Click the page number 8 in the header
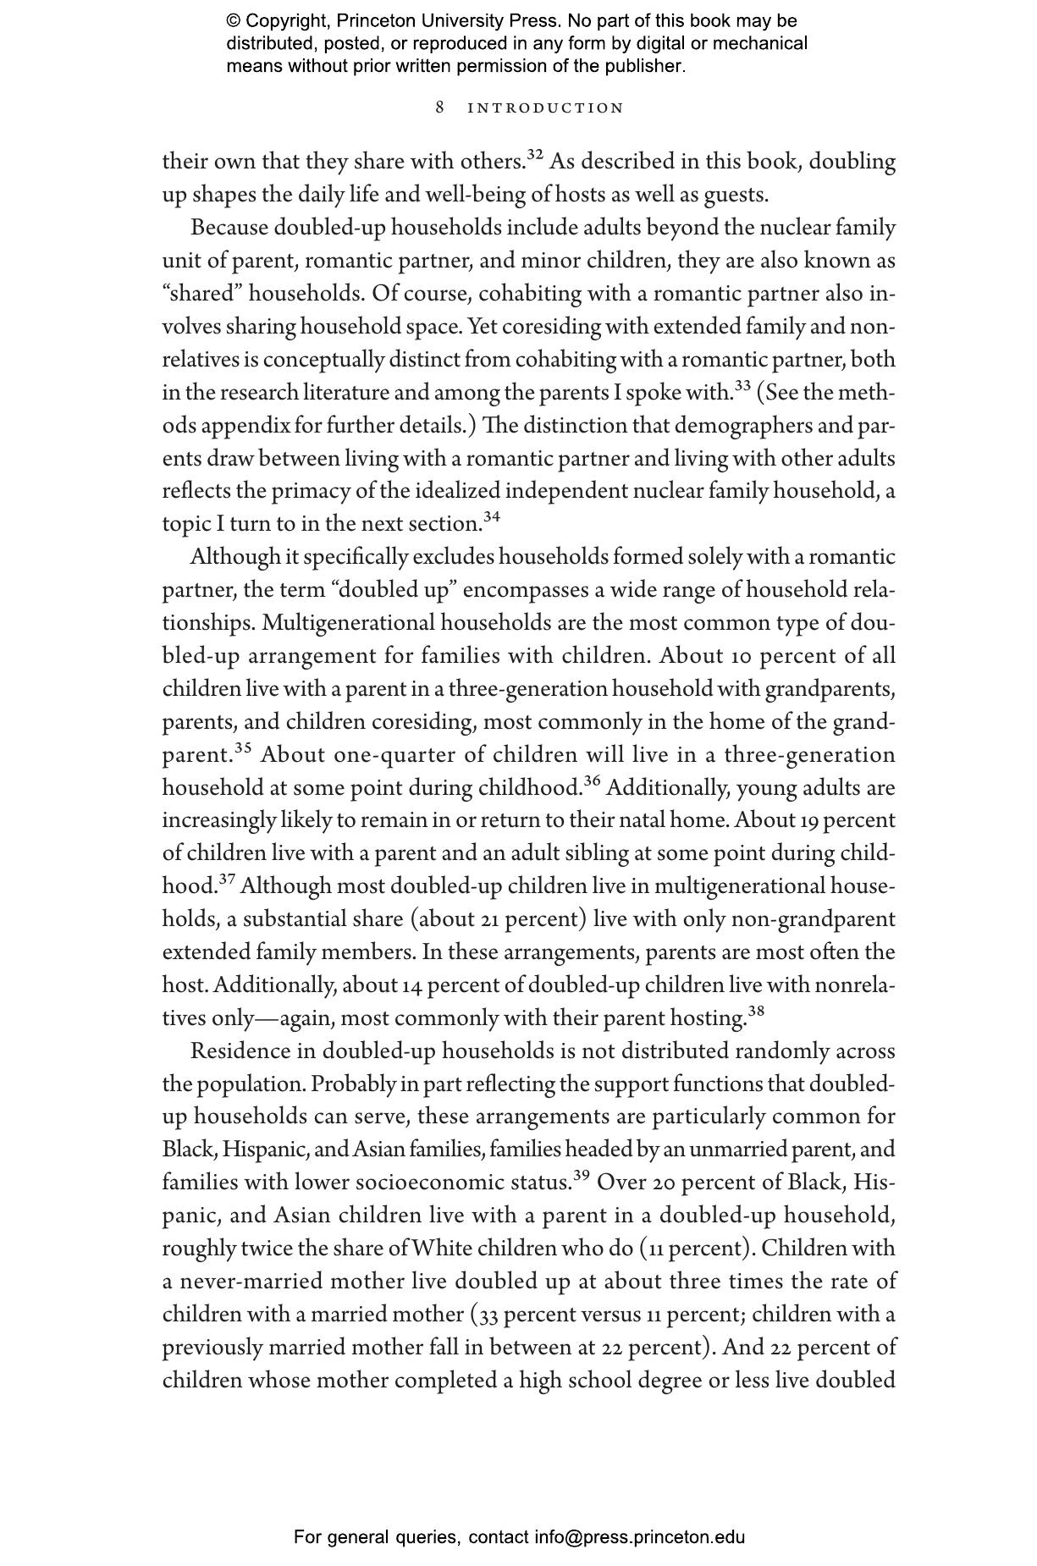(x=440, y=108)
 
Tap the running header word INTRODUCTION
(x=546, y=108)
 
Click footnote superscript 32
(x=535, y=154)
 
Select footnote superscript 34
(x=492, y=516)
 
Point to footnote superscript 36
(x=592, y=780)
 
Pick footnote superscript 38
(x=756, y=1011)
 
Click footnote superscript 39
(x=582, y=1175)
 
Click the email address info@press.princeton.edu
(x=639, y=1537)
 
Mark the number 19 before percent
(x=808, y=821)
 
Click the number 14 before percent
(x=411, y=986)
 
